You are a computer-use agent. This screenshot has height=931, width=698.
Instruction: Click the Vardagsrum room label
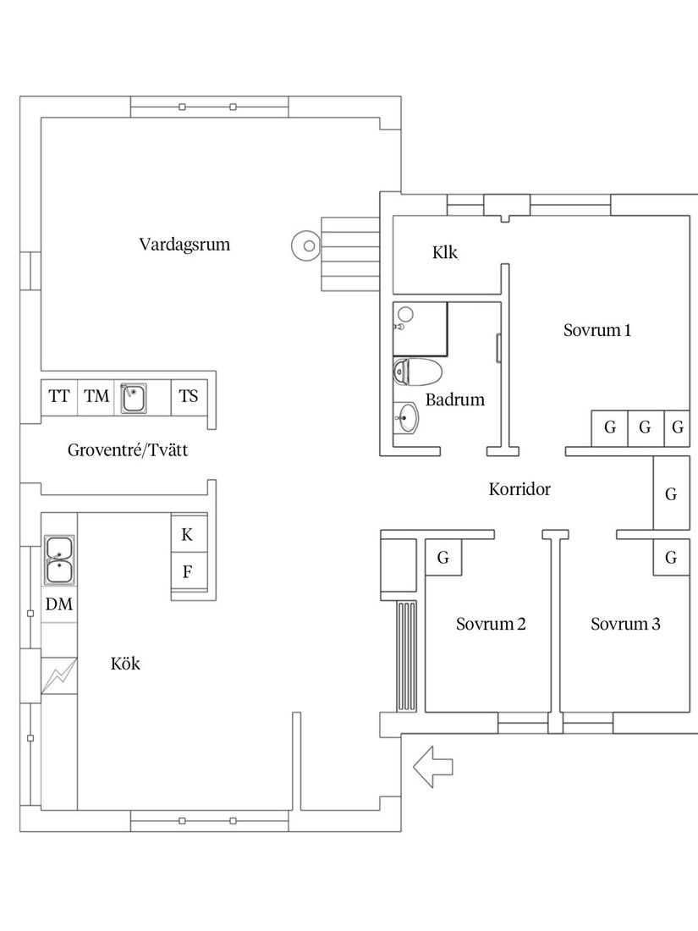pyautogui.click(x=184, y=245)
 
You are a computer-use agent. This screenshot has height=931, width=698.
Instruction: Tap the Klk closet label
pyautogui.click(x=444, y=252)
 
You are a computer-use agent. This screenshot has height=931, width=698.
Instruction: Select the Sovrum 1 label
pyautogui.click(x=597, y=330)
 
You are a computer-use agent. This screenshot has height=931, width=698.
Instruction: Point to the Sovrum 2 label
pyautogui.click(x=491, y=625)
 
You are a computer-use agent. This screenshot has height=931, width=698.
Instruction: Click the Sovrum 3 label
pyautogui.click(x=625, y=625)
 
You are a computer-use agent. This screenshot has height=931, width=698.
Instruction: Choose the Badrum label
pyautogui.click(x=455, y=399)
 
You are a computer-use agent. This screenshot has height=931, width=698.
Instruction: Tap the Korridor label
pyautogui.click(x=519, y=489)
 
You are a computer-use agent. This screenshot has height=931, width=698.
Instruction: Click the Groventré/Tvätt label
pyautogui.click(x=128, y=450)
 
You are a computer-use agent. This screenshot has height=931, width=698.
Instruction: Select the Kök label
pyautogui.click(x=125, y=664)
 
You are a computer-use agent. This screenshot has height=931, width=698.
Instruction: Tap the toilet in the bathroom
pyautogui.click(x=418, y=372)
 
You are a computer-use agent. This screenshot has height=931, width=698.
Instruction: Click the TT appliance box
pyautogui.click(x=59, y=396)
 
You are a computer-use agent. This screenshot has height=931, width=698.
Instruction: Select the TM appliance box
pyautogui.click(x=96, y=396)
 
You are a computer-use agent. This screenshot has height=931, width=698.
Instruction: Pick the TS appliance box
pyautogui.click(x=189, y=396)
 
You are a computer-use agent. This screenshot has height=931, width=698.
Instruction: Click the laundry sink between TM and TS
pyautogui.click(x=133, y=397)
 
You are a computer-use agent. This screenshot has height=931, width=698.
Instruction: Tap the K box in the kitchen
pyautogui.click(x=188, y=534)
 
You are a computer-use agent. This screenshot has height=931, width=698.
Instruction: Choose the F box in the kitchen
pyautogui.click(x=188, y=571)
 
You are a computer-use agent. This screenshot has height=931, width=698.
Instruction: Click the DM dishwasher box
pyautogui.click(x=59, y=604)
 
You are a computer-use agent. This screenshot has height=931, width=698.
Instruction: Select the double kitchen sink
pyautogui.click(x=58, y=559)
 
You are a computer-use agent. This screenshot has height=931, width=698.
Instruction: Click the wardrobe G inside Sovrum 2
pyautogui.click(x=442, y=558)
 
